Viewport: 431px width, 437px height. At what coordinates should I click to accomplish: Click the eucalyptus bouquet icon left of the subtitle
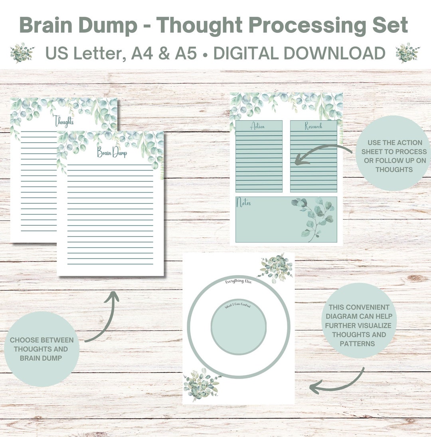tap(22, 53)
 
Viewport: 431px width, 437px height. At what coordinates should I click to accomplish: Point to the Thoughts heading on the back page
tap(64, 120)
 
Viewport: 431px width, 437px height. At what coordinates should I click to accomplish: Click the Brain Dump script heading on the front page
tap(112, 152)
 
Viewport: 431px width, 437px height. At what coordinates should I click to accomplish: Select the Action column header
tap(257, 126)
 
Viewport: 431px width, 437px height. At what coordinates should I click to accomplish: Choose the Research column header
tap(313, 126)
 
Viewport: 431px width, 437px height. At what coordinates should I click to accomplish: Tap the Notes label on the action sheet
tap(244, 203)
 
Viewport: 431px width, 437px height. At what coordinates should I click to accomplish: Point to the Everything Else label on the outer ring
tap(238, 281)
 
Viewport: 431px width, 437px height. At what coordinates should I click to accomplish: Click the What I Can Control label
tap(238, 306)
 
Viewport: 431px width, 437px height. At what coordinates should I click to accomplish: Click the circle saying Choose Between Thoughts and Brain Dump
tap(42, 349)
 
